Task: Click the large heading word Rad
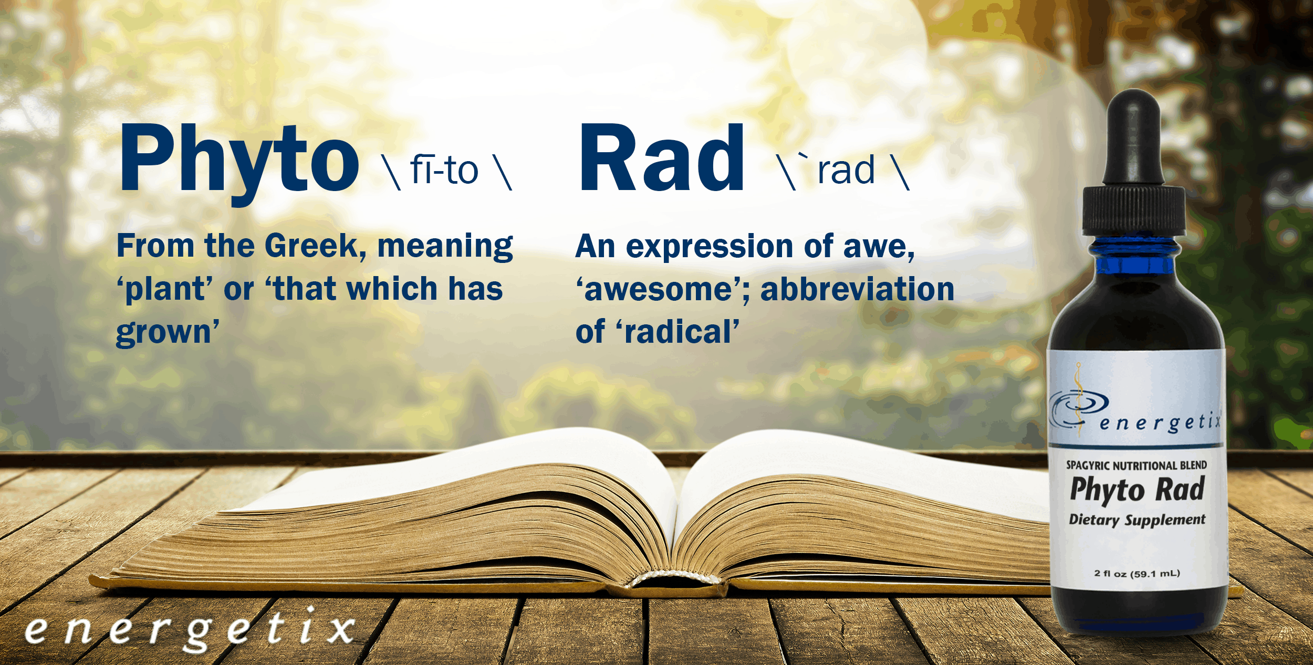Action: tap(662, 157)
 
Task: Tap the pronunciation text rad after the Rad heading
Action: tap(846, 170)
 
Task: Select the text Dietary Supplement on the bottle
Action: tap(1137, 520)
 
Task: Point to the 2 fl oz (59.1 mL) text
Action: tap(1137, 574)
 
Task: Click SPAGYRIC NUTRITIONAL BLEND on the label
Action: tap(1137, 466)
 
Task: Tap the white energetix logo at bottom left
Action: tap(190, 630)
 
